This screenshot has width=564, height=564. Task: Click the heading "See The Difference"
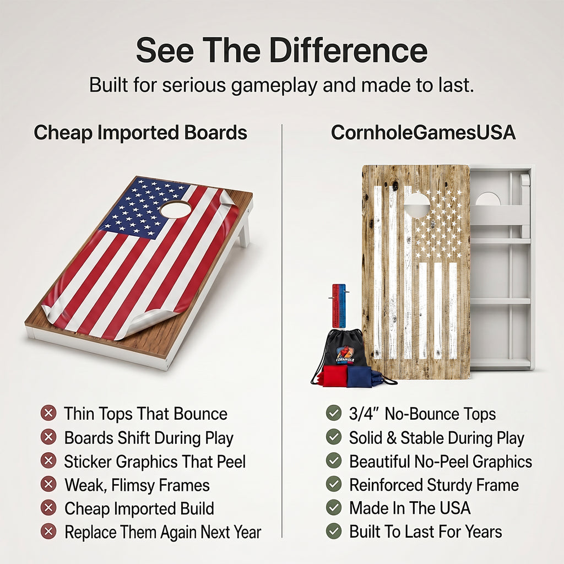pos(281,50)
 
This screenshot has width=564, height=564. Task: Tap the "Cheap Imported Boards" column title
pos(140,133)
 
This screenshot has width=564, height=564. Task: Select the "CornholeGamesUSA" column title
pos(423,133)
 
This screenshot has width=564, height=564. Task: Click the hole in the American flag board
pos(176,209)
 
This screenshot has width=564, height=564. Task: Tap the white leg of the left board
pos(244,230)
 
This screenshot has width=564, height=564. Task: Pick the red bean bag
pos(334,376)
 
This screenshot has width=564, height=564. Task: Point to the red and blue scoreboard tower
pos(339,306)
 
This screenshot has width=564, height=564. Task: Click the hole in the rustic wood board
pos(416,205)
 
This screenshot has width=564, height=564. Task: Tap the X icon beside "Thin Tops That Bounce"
pos(48,413)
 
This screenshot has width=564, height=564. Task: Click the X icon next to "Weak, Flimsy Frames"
pos(48,484)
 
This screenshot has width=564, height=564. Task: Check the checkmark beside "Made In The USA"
pos(334,507)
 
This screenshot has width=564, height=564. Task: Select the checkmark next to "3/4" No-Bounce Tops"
pos(334,413)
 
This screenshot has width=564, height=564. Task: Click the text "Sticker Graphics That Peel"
pos(155,462)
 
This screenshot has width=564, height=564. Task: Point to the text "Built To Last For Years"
pos(426,532)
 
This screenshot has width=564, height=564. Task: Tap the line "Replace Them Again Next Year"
pos(163,532)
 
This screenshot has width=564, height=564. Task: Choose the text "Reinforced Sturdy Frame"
pos(434,485)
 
